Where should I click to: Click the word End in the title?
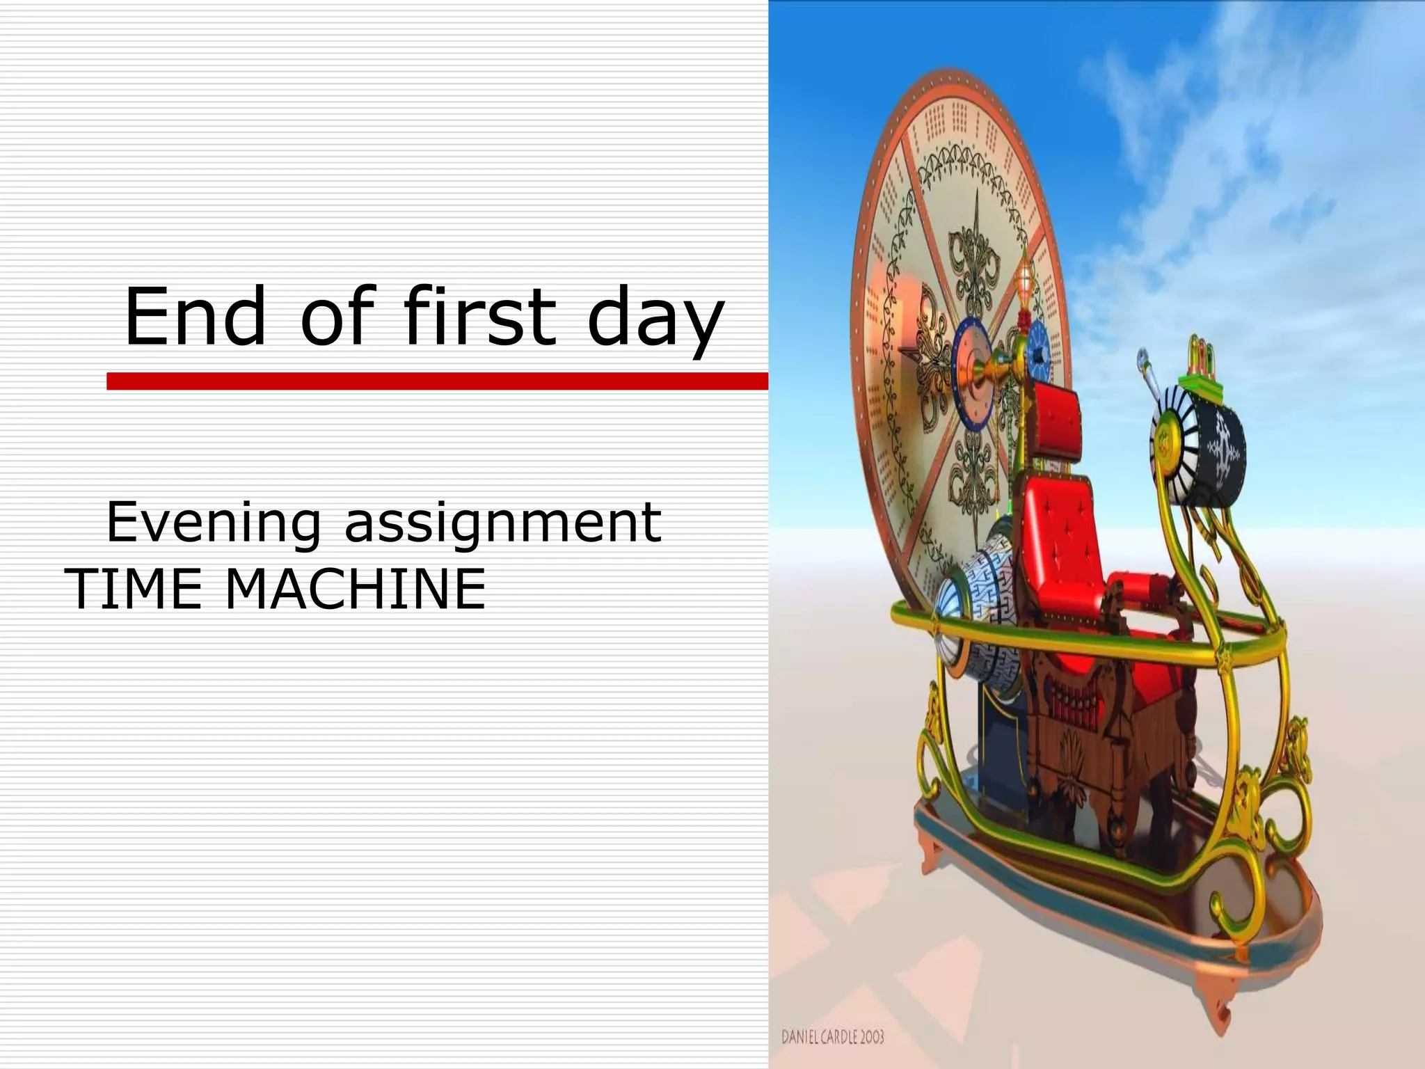(x=195, y=317)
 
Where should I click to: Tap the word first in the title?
(x=480, y=317)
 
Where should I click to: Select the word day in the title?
(x=655, y=320)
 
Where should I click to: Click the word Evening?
(x=213, y=523)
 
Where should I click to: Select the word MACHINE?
(x=355, y=589)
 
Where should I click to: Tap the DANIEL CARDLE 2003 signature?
(x=832, y=1037)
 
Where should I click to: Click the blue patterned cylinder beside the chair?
(x=974, y=612)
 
